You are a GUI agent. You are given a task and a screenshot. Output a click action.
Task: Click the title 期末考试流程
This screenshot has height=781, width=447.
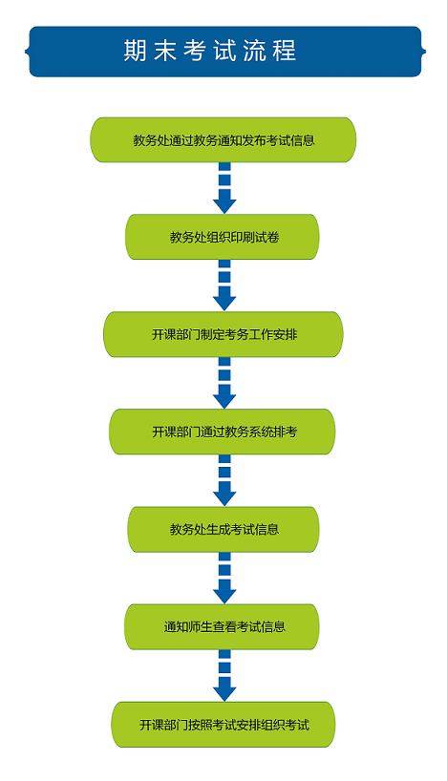point(210,51)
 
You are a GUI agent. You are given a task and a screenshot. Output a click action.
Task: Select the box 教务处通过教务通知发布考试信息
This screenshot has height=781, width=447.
point(223,140)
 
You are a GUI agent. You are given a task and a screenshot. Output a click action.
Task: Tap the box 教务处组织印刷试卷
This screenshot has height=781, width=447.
point(223,237)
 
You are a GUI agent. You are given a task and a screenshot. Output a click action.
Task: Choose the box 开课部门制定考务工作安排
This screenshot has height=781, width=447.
point(223,334)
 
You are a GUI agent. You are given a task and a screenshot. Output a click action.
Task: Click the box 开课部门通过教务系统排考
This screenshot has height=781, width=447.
point(223,432)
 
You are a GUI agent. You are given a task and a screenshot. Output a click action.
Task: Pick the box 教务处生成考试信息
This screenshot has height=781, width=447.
point(223,530)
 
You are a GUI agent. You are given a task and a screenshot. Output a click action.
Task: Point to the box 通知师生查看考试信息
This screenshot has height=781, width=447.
point(222,626)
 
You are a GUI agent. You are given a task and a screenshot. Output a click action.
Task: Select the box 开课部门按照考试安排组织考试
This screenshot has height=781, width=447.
point(223,725)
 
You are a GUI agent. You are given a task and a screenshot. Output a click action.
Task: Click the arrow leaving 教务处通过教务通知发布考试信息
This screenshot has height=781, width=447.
point(224,188)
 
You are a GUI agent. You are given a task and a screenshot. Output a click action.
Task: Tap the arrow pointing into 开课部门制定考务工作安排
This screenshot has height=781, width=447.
point(224,285)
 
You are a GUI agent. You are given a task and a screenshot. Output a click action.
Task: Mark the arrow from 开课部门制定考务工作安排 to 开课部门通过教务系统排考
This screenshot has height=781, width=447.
point(224,383)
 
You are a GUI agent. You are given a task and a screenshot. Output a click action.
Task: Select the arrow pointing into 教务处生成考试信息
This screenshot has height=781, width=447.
point(224,480)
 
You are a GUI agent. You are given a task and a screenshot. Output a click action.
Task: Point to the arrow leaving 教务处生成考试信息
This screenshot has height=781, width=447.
point(224,579)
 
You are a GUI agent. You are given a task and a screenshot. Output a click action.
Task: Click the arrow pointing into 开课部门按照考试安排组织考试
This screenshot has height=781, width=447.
point(224,675)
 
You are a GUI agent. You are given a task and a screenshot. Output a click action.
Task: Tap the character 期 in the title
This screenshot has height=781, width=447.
point(135,51)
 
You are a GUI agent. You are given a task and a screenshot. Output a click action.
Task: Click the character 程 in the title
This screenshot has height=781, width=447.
point(285,51)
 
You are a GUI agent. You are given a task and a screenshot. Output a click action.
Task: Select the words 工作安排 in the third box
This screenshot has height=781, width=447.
point(273,334)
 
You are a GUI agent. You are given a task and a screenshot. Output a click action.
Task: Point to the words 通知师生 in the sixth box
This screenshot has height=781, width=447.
point(188,626)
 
